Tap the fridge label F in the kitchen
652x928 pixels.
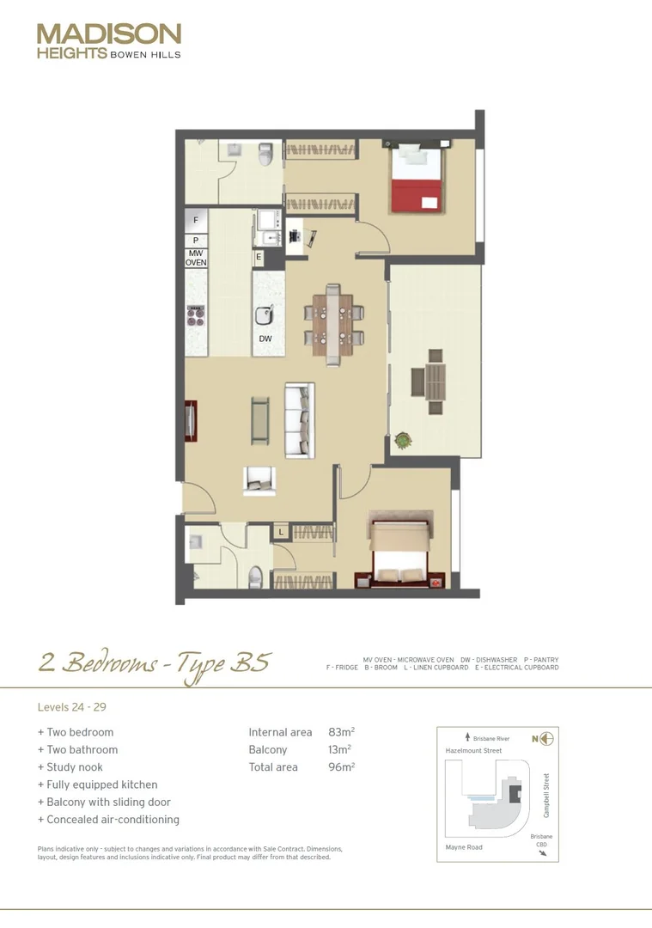click(x=196, y=221)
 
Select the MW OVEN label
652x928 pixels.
click(x=196, y=258)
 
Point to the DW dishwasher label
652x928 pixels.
click(x=265, y=339)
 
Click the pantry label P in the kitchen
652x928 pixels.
click(x=196, y=240)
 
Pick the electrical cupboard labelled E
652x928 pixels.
click(x=258, y=257)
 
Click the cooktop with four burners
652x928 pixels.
click(x=197, y=314)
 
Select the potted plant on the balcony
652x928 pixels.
click(x=403, y=440)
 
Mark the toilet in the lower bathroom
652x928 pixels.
click(x=255, y=577)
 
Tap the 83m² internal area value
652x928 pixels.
click(x=341, y=732)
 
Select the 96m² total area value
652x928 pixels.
click(x=341, y=766)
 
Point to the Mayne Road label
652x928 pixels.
click(x=464, y=847)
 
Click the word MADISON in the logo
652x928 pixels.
click(x=109, y=34)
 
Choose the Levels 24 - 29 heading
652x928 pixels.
click(x=71, y=708)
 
